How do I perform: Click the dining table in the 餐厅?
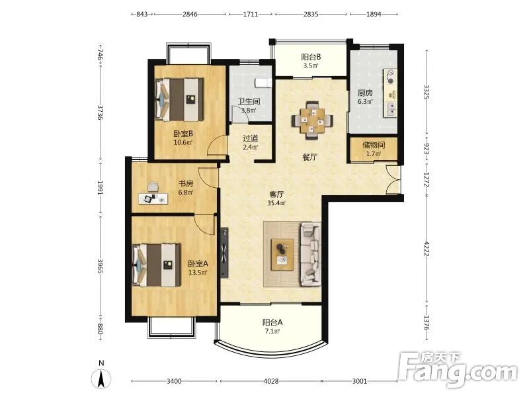pyautogui.click(x=312, y=120)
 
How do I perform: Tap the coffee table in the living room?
pyautogui.click(x=283, y=254)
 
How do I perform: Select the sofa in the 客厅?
pyautogui.click(x=311, y=254)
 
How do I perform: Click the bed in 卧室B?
pyautogui.click(x=179, y=100)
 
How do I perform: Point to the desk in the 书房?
pyautogui.click(x=153, y=198)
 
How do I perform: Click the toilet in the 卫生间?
pyautogui.click(x=263, y=83)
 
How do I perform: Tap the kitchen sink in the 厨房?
pyautogui.click(x=391, y=109)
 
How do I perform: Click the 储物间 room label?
pyautogui.click(x=374, y=145)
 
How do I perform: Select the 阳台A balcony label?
pyautogui.click(x=272, y=322)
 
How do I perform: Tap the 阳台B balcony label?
pyautogui.click(x=311, y=57)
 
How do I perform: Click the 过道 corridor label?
pyautogui.click(x=251, y=138)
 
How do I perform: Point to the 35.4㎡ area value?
pyautogui.click(x=276, y=203)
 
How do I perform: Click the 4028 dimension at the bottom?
pyautogui.click(x=271, y=382)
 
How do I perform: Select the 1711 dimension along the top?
pyautogui.click(x=251, y=14)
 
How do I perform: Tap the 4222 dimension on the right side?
pyautogui.click(x=427, y=249)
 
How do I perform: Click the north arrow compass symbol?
pyautogui.click(x=101, y=378)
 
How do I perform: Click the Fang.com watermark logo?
pyautogui.click(x=458, y=370)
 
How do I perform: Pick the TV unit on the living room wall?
pyautogui.click(x=224, y=253)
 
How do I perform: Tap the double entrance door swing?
pyautogui.click(x=393, y=179)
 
